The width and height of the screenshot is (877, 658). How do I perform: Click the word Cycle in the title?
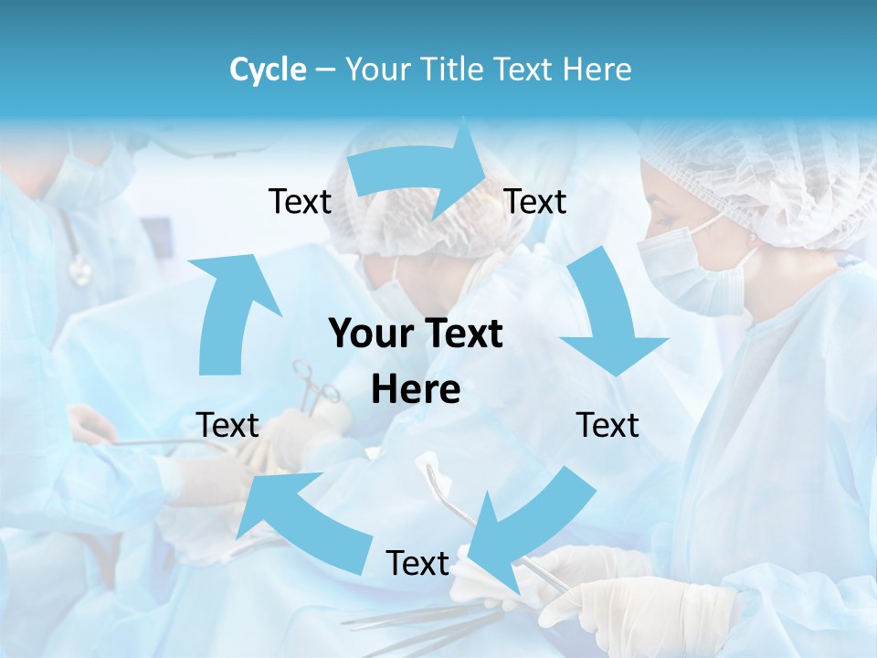coord(268,69)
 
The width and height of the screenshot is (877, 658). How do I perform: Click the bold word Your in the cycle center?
coord(369,334)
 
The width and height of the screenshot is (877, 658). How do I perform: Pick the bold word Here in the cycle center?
coord(416,390)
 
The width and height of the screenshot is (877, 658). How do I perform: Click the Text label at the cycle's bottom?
coord(417,564)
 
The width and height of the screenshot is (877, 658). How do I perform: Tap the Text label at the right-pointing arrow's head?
coord(535,202)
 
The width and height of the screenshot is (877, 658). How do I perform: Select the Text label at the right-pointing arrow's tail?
coord(300,202)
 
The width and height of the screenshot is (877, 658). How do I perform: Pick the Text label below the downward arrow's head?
coord(608,426)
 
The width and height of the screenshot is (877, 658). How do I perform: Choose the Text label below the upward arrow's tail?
coord(227,426)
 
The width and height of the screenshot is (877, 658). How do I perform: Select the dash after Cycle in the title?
coord(325,70)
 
